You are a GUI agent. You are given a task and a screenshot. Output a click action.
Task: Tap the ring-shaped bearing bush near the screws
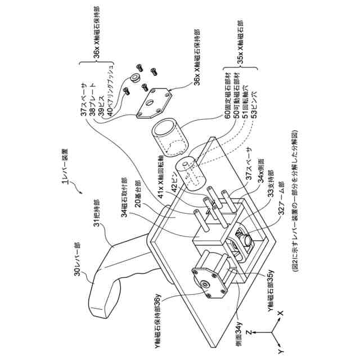pos(136,77)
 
